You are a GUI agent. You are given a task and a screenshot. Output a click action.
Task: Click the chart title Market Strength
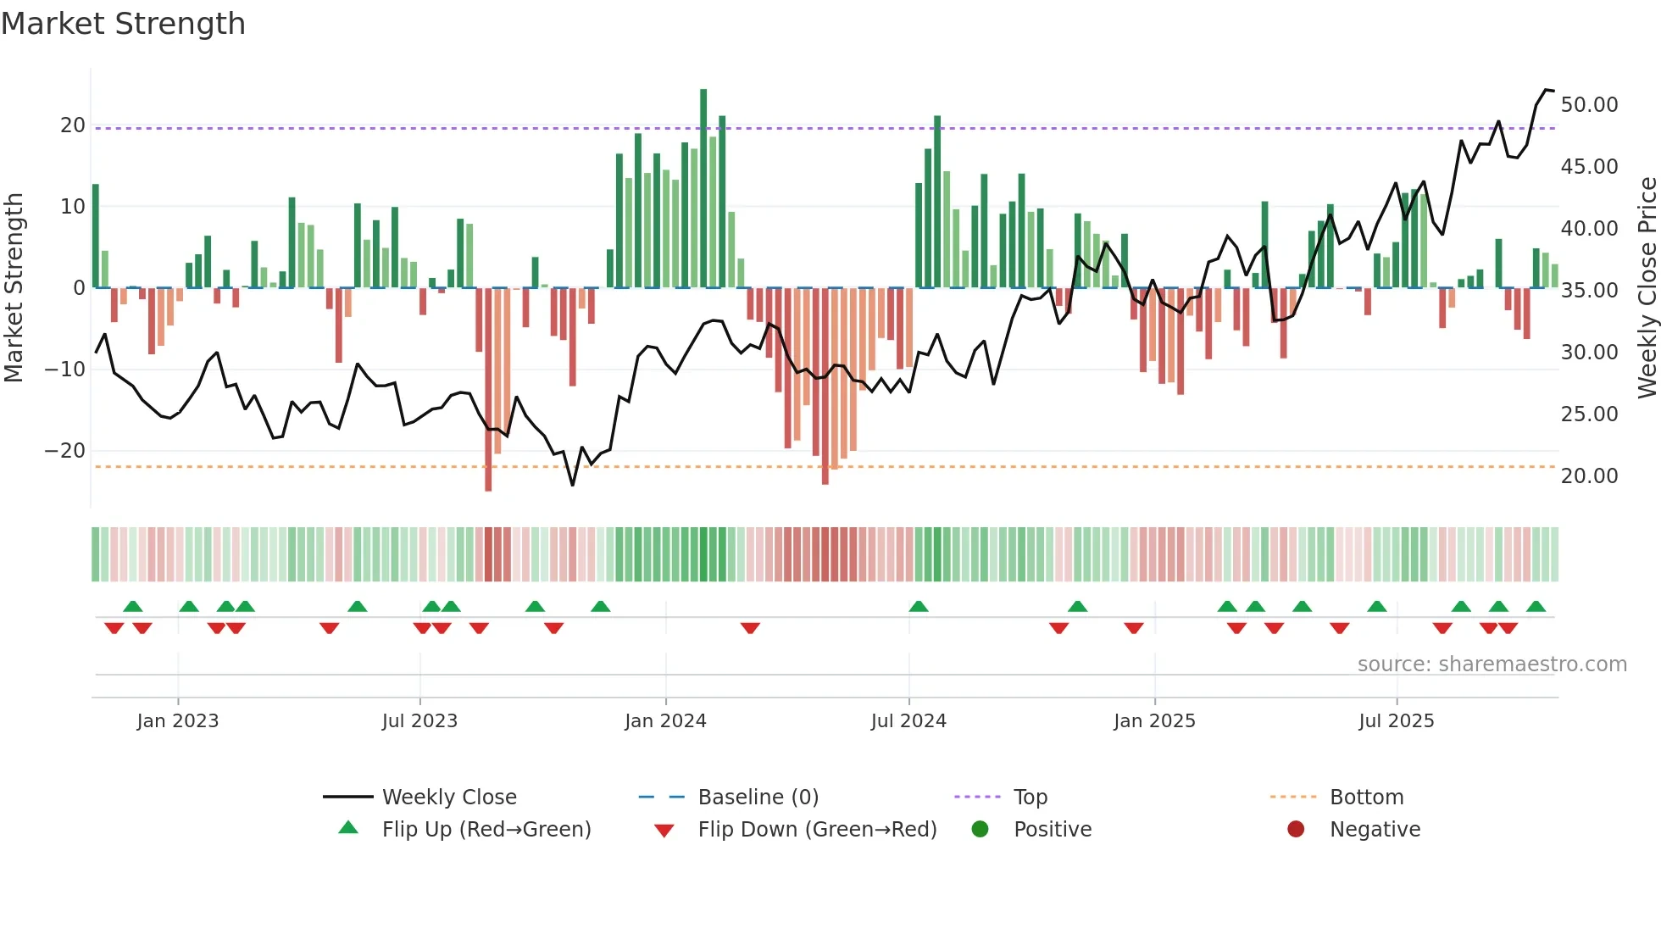pyautogui.click(x=123, y=24)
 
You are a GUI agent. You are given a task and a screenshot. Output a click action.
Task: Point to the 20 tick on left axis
pyautogui.click(x=73, y=125)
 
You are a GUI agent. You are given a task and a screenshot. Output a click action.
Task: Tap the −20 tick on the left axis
pyautogui.click(x=65, y=451)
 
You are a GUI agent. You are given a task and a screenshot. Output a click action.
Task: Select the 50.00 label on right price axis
pyautogui.click(x=1589, y=105)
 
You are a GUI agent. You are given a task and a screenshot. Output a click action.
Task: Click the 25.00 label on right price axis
pyautogui.click(x=1589, y=414)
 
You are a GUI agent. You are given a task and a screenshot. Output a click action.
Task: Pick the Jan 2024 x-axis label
pyautogui.click(x=665, y=721)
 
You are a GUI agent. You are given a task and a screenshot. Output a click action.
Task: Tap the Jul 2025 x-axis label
pyautogui.click(x=1396, y=721)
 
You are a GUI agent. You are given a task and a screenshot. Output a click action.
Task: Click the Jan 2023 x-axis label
pyautogui.click(x=178, y=721)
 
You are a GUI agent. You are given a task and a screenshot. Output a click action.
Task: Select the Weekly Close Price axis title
pyautogui.click(x=1647, y=288)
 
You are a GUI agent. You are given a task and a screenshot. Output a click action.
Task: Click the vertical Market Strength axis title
pyautogui.click(x=14, y=288)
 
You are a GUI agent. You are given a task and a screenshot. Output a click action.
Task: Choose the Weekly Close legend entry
pyautogui.click(x=449, y=798)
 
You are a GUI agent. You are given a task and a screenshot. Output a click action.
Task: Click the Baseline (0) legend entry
pyautogui.click(x=758, y=798)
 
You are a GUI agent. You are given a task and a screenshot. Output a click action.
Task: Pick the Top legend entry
pyautogui.click(x=1030, y=798)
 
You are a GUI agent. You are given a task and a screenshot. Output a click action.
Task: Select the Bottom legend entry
pyautogui.click(x=1366, y=798)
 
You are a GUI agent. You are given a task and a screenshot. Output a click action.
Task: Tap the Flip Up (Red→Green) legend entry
pyautogui.click(x=486, y=830)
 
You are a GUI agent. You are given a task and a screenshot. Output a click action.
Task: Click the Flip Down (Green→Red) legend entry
pyautogui.click(x=817, y=830)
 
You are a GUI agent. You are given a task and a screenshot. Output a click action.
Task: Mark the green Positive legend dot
pyautogui.click(x=980, y=830)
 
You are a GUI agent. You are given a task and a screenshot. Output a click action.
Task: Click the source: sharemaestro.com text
pyautogui.click(x=1492, y=664)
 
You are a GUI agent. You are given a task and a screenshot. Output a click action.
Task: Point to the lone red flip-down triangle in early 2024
pyautogui.click(x=750, y=628)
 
